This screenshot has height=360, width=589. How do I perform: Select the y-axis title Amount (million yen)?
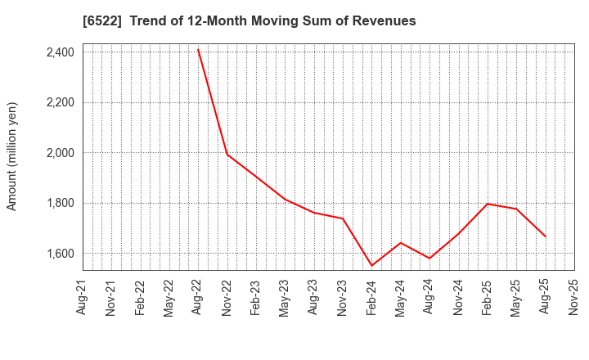tap(12, 156)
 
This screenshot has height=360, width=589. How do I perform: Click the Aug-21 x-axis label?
tap(83, 298)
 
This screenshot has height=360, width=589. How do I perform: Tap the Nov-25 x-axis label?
tap(573, 298)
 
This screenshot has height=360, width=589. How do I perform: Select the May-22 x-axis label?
tap(169, 298)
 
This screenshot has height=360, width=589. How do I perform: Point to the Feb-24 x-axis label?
tap(371, 298)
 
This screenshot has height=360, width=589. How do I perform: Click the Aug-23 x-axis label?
tap(314, 298)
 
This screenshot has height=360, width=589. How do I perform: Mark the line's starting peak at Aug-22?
tap(198, 49)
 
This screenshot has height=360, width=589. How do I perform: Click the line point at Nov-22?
tap(227, 154)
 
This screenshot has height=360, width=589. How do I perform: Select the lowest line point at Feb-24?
tap(371, 265)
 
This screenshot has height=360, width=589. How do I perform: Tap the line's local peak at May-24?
tap(401, 242)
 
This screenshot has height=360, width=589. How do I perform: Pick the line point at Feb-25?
tap(487, 204)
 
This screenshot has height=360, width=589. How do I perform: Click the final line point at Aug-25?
tap(545, 236)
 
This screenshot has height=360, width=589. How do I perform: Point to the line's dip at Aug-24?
tap(429, 259)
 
